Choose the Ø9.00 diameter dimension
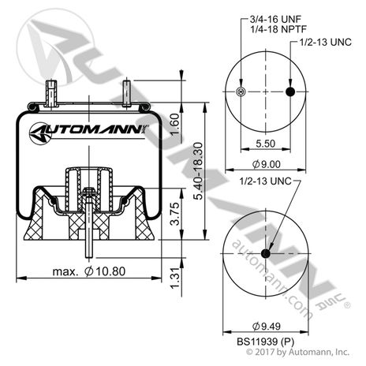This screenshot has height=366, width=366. click(266, 163)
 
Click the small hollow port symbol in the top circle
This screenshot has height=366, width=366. click(241, 93)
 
